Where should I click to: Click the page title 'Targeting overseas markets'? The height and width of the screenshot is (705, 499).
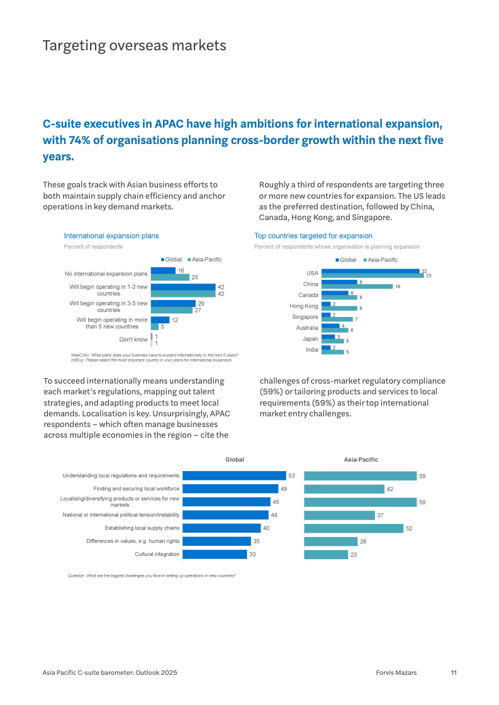coord(134,46)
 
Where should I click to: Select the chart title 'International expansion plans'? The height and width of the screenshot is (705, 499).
coord(111,236)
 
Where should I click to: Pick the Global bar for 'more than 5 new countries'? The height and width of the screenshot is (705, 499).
coord(160,319)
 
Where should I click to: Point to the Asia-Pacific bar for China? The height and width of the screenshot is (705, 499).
coord(357,287)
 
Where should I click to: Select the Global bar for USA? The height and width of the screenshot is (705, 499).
coord(370,271)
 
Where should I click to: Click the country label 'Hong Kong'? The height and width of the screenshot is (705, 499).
coord(304,306)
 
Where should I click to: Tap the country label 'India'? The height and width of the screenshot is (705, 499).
coord(312,350)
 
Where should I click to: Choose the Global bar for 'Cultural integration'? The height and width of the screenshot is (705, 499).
coord(215,554)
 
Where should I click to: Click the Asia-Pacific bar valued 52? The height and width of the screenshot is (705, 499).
coord(354,528)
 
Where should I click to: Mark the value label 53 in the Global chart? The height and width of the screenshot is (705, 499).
coord(291,476)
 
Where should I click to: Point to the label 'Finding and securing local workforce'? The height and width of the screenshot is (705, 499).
coord(137,489)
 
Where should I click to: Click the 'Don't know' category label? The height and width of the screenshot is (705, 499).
coord(133,340)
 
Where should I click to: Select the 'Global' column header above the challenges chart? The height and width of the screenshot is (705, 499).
coord(235,460)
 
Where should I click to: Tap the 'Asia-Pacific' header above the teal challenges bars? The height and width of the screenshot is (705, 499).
coord(361,460)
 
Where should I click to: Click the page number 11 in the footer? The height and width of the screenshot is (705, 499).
coord(453,672)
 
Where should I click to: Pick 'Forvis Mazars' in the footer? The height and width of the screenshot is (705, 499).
coord(392,672)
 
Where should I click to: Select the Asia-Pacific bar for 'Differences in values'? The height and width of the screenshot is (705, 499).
coord(330,541)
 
